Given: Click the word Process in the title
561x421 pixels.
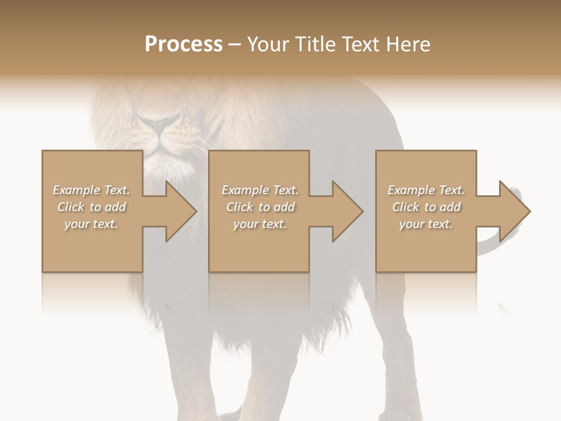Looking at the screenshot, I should [183, 44].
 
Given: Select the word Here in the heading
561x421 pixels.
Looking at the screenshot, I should [407, 44].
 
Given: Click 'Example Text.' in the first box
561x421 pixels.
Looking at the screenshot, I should [91, 190].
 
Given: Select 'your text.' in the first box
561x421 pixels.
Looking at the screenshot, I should [91, 224].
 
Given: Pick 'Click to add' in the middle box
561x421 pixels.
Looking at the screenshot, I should [260, 207].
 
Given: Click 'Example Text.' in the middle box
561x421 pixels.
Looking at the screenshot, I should [260, 190].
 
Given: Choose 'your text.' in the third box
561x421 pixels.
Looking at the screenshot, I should [426, 224].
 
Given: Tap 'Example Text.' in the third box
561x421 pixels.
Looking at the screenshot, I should [426, 190].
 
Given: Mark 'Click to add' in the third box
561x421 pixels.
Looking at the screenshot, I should [426, 207].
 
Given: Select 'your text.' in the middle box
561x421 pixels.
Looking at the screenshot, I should [260, 224].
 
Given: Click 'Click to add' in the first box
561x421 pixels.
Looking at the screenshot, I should [91, 207].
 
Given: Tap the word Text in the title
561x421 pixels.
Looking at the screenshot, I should [359, 44].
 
